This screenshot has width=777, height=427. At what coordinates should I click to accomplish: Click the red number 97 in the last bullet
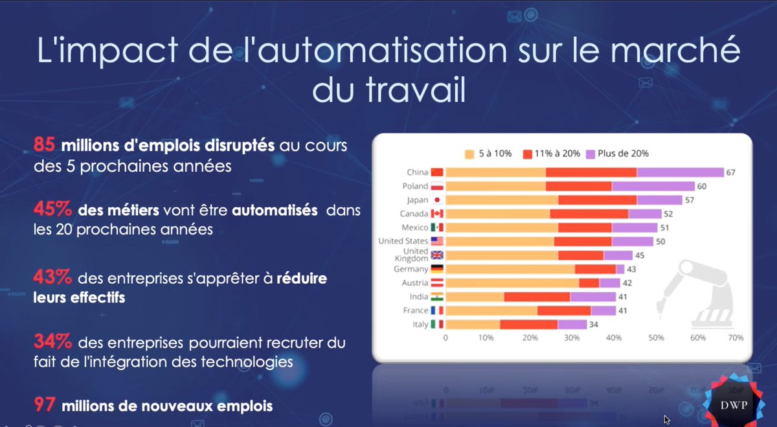point(44,406)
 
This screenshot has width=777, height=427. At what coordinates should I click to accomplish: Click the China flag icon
point(437,172)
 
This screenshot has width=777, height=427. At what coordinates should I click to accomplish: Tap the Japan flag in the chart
point(437,200)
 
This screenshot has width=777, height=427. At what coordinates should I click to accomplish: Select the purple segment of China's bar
point(680,172)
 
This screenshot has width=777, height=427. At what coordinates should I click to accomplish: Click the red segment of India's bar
point(537,297)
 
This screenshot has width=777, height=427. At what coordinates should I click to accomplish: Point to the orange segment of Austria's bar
point(512,283)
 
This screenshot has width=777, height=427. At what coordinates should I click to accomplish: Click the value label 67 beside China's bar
point(732,172)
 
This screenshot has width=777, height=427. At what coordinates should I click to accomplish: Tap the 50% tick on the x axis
point(656,338)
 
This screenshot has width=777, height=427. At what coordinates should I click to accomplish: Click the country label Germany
point(411,269)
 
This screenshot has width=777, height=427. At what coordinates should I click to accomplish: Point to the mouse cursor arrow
point(667,419)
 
